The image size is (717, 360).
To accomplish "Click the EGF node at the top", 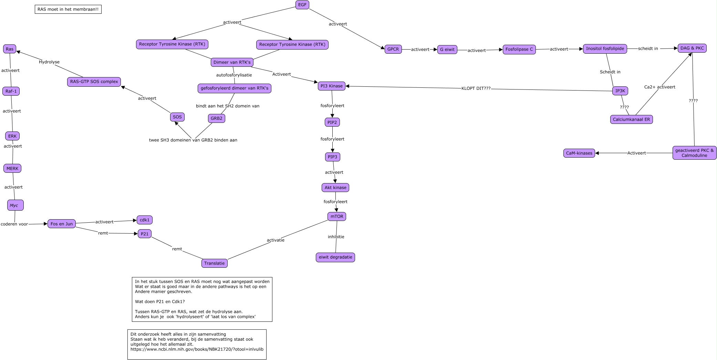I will coord(302,5).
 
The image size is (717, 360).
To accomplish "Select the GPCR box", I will coord(393,49).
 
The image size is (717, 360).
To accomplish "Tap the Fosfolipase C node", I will coord(519,49).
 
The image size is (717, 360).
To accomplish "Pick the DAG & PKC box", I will coord(692,48).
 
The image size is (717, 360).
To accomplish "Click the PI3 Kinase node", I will coord(331,86).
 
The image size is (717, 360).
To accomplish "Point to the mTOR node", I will coord(337,216).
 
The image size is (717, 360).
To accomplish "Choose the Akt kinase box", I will coord(335,188).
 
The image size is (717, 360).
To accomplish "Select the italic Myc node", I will coord(15,205).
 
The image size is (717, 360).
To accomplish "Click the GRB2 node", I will coord(216,118).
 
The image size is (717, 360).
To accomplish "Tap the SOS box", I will coord(177,117).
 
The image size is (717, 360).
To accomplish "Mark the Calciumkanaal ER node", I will coord(631,119).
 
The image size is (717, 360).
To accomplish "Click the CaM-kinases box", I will coord(579,153).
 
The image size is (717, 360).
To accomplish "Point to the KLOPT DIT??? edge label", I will coord(476,88).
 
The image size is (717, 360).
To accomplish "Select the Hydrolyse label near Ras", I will coord(49,62).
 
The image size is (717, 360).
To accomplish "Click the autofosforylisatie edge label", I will coord(234,75).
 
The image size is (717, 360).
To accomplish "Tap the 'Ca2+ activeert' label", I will coord(659,87).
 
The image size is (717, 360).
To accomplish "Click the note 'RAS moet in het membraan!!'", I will coord(68,9).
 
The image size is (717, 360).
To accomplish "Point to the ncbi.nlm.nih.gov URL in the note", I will coord(197,349).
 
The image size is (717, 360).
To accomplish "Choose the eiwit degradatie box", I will coord(335,257).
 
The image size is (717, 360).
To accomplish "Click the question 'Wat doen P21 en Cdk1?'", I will coord(160,302).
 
